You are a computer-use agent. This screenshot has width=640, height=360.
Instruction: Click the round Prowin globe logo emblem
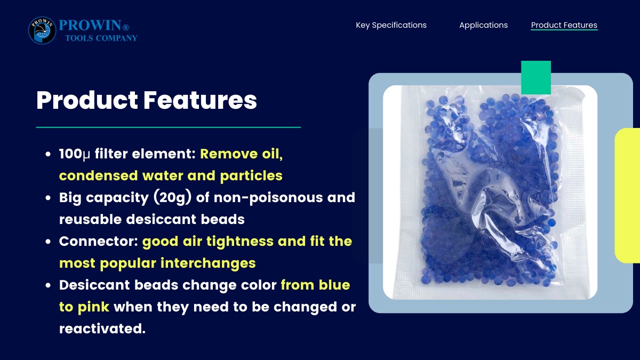pyautogui.click(x=42, y=30)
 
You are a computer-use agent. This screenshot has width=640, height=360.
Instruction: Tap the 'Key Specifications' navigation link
pyautogui.click(x=391, y=25)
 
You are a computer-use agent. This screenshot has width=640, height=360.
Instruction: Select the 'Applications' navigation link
pyautogui.click(x=483, y=25)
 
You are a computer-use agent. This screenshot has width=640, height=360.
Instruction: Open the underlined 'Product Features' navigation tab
pyautogui.click(x=564, y=25)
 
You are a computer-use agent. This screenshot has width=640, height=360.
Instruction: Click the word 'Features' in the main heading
pyautogui.click(x=200, y=100)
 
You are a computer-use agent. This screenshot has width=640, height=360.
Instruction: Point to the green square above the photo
pyautogui.click(x=536, y=77)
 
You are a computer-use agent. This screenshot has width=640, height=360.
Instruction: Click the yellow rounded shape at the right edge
pyautogui.click(x=627, y=196)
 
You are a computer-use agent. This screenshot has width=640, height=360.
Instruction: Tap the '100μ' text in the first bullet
pyautogui.click(x=75, y=154)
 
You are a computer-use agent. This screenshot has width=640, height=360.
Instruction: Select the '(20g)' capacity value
pyautogui.click(x=172, y=197)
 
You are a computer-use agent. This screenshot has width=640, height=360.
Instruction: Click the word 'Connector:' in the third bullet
pyautogui.click(x=99, y=241)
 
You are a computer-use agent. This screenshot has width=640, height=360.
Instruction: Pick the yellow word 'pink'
pyautogui.click(x=93, y=307)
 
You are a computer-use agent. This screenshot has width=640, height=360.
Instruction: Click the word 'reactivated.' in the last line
pyautogui.click(x=102, y=329)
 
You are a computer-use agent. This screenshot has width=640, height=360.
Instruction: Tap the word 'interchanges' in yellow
pyautogui.click(x=208, y=263)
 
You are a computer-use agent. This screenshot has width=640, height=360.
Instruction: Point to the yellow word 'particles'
pyautogui.click(x=251, y=175)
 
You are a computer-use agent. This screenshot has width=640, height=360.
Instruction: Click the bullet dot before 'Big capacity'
pyautogui.click(x=48, y=198)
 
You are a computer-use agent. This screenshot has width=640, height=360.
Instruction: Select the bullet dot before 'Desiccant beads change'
pyautogui.click(x=48, y=285)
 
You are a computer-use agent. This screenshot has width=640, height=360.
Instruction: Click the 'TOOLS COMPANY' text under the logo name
pyautogui.click(x=101, y=38)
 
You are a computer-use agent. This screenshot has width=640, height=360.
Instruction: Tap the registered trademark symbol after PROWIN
pyautogui.click(x=126, y=27)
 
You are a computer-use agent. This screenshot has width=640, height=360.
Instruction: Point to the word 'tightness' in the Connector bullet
pyautogui.click(x=240, y=242)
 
